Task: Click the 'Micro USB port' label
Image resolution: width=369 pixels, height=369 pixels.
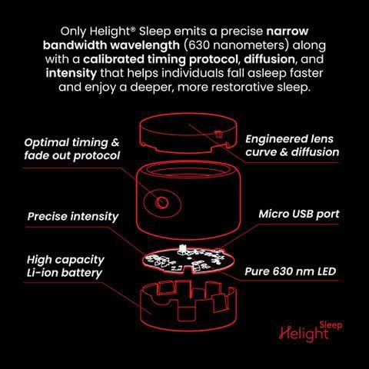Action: (299, 214)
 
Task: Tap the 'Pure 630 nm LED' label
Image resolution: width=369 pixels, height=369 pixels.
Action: (291, 271)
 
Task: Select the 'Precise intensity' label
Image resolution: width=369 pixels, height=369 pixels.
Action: (73, 217)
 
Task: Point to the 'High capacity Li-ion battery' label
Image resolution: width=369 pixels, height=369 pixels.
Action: (65, 266)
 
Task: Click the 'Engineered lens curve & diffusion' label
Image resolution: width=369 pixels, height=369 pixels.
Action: (292, 145)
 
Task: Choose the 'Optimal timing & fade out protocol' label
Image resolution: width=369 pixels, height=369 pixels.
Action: (72, 149)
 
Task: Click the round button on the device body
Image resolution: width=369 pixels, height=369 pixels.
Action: (162, 203)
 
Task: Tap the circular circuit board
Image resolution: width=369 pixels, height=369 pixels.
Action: (188, 260)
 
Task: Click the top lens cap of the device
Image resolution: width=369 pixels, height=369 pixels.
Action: (188, 133)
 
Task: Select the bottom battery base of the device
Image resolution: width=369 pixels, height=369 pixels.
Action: (188, 306)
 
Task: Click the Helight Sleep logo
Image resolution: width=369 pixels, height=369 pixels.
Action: (311, 332)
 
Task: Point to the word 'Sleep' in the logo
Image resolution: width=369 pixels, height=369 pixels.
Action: (331, 326)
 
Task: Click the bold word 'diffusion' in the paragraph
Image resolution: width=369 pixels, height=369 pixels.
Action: (269, 59)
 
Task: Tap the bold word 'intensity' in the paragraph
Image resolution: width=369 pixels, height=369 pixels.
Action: (71, 73)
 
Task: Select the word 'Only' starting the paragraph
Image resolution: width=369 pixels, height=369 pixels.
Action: (74, 32)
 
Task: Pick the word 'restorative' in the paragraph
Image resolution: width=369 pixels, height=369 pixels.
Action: (243, 87)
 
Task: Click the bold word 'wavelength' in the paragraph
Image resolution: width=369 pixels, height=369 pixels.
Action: (145, 45)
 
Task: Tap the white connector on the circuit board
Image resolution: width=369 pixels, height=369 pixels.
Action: (182, 248)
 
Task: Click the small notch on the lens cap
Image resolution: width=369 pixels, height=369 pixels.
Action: (218, 134)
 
